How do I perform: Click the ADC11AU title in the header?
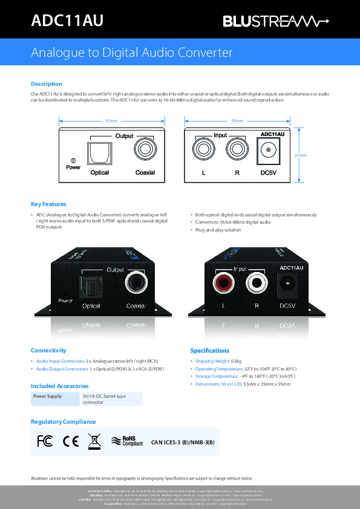point(67,21)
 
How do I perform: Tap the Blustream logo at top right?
point(276,22)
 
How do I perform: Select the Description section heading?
point(47,84)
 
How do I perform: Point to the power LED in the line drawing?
point(73,160)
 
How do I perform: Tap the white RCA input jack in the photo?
point(256,282)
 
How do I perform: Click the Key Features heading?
point(48,204)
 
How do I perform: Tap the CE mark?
point(70,441)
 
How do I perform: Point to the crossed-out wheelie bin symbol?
point(94,441)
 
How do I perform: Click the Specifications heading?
point(209,351)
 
